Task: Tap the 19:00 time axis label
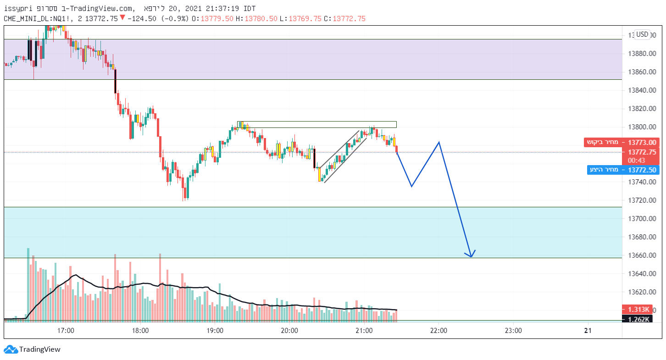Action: [x=215, y=330]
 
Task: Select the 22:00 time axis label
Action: [x=438, y=330]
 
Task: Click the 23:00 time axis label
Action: [x=513, y=330]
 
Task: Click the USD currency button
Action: [x=642, y=34]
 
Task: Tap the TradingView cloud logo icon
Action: [x=11, y=349]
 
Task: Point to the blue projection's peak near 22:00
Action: [x=439, y=142]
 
